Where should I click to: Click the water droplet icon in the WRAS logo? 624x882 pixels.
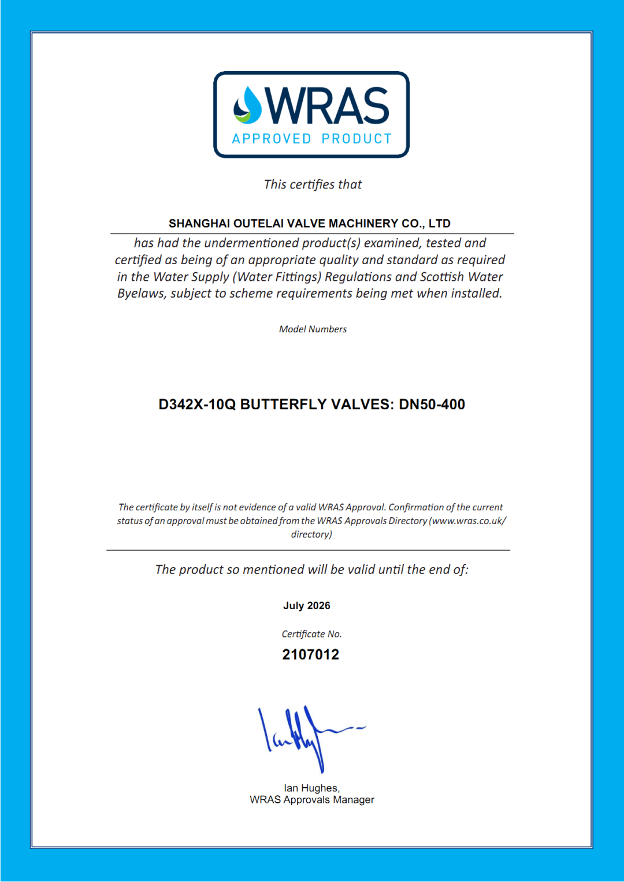coord(248,106)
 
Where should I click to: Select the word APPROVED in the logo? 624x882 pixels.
coord(272,139)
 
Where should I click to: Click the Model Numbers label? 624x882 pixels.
coord(313,329)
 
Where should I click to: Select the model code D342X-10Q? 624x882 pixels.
coord(197,405)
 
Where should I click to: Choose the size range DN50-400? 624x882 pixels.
coord(432,405)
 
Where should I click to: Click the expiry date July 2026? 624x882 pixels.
coord(307,606)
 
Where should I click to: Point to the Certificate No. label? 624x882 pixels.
coord(311,634)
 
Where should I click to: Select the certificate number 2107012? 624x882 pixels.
coord(311,655)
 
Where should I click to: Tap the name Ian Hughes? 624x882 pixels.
coord(311,788)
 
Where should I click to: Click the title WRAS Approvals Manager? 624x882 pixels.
coord(312,800)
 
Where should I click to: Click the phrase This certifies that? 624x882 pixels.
coord(313,184)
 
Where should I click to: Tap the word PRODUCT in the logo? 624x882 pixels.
coord(356,139)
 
